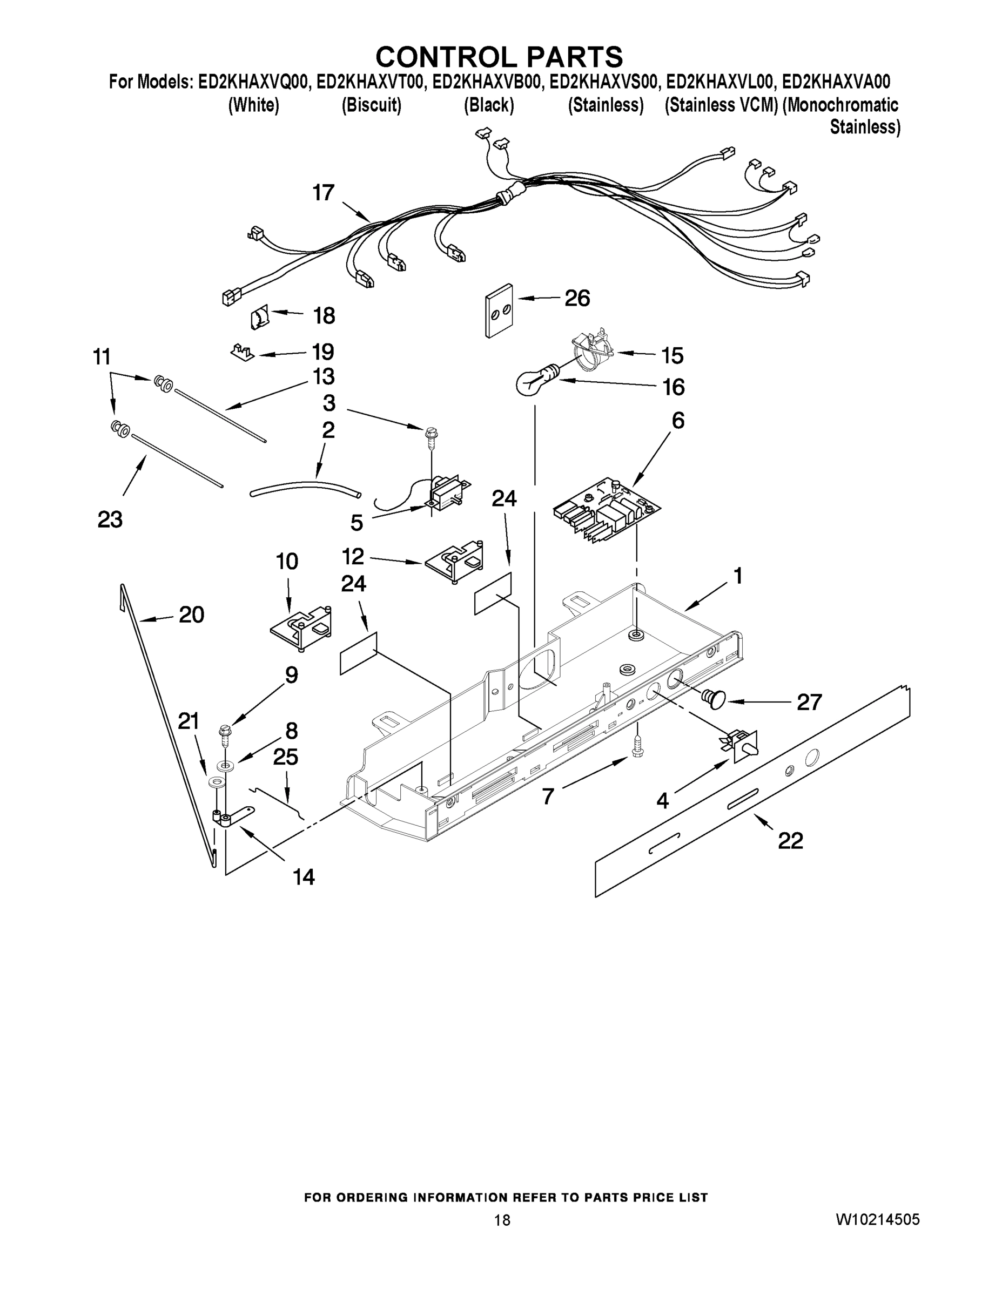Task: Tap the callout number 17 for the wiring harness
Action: pos(324,193)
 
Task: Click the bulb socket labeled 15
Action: pos(594,349)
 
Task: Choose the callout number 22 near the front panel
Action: pos(790,840)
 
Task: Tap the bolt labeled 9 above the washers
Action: pos(226,734)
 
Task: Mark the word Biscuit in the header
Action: pos(372,106)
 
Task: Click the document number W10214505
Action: pos(877,1219)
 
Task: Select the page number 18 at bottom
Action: pos(502,1220)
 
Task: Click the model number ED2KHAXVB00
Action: pos(487,82)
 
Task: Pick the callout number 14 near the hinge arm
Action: pos(304,876)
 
